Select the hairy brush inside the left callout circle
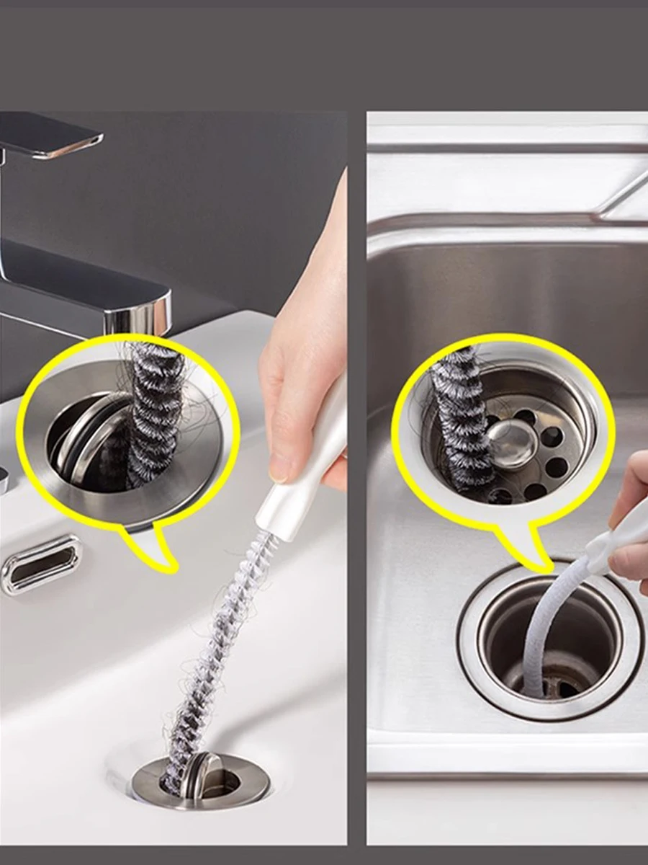pos(155,411)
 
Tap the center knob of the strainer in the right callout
pos(511,443)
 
